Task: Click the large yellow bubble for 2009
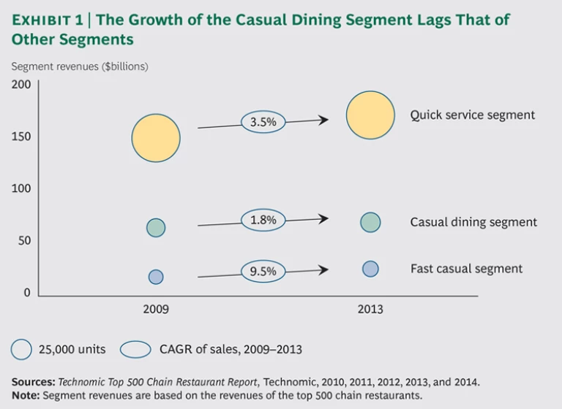pos(156,137)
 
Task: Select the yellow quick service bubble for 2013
pos(371,115)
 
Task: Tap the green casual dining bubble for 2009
pos(156,228)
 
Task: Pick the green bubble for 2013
pos(370,222)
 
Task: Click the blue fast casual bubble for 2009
pos(156,277)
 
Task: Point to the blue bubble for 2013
pos(370,269)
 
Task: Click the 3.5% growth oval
pos(263,122)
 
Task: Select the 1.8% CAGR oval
pos(263,218)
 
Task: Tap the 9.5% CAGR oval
pos(263,272)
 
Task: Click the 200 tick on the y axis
pos(21,84)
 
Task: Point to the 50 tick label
pos(24,241)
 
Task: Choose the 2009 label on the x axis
pos(156,310)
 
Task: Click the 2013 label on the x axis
pos(370,310)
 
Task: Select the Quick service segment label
pos(472,115)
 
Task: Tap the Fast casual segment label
pos(466,269)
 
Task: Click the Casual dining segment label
pos(473,222)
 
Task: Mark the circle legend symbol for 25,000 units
pos(21,349)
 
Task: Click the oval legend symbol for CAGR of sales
pos(136,349)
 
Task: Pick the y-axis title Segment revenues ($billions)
pos(80,66)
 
